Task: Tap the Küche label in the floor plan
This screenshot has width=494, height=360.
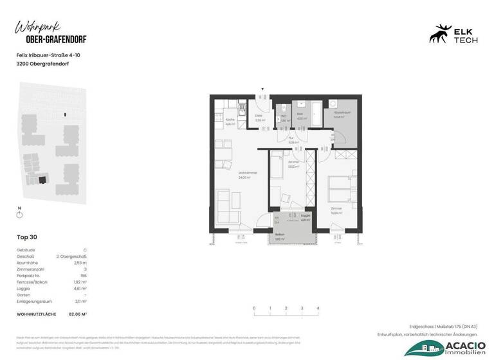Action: click(x=229, y=121)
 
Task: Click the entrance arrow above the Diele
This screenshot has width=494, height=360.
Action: click(x=262, y=90)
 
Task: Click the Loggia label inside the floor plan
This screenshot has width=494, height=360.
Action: click(x=297, y=217)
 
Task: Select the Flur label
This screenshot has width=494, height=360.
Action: click(x=291, y=141)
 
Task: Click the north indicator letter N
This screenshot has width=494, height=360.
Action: click(x=19, y=208)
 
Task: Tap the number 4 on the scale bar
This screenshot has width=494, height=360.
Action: click(x=318, y=309)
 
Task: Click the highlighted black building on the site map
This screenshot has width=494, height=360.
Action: click(x=42, y=180)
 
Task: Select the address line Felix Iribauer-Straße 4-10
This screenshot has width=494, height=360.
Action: click(x=48, y=55)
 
